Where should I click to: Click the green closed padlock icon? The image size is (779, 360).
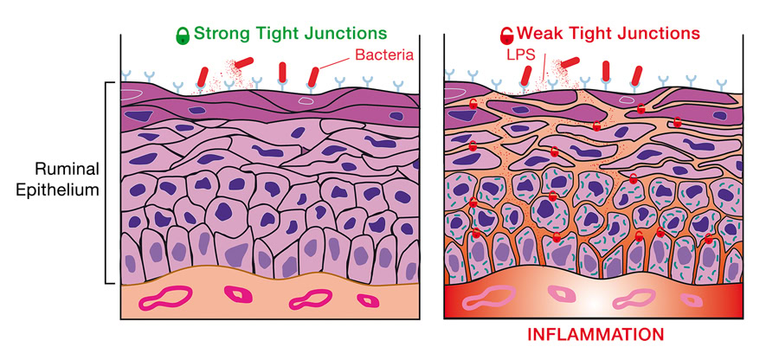tap(183, 35)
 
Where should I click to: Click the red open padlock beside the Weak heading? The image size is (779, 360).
tap(506, 35)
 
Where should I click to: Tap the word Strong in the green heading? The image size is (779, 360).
tap(222, 35)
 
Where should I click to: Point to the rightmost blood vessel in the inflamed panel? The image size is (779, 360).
tap(692, 300)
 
